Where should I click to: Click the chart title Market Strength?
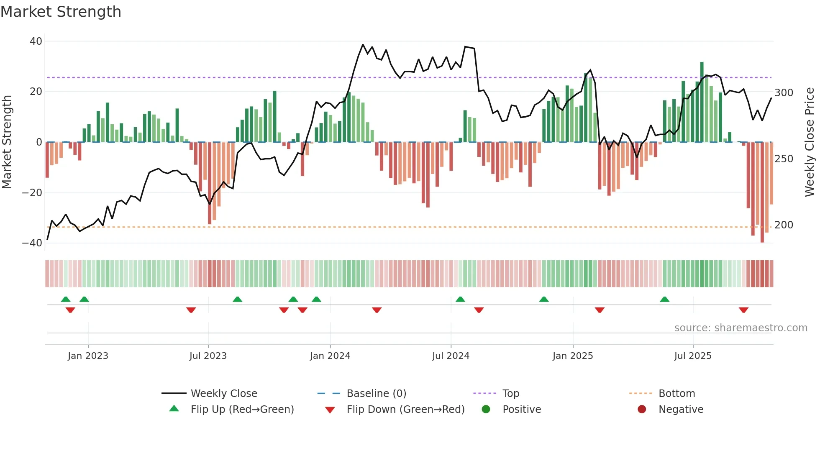coord(61,12)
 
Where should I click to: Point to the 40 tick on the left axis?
coord(36,41)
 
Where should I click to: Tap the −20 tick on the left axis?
coord(32,193)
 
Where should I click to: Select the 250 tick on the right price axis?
coord(784,159)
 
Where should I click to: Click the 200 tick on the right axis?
coord(784,225)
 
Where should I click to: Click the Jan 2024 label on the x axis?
coord(330,356)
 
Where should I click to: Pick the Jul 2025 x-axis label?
coord(692,356)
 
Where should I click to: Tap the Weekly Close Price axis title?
coord(809,142)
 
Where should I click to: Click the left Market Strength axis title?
coord(7,142)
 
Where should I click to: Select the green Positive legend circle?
coord(486,410)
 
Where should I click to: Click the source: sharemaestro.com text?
coord(741,328)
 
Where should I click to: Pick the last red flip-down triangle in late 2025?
coord(743,310)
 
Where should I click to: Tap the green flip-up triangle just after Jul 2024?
coord(460,299)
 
